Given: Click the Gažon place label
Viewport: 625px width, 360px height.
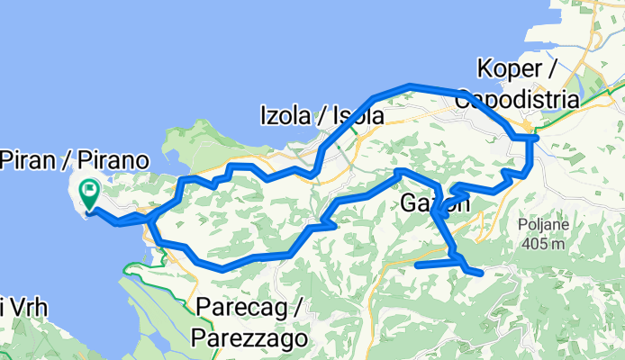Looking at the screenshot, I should (433, 204).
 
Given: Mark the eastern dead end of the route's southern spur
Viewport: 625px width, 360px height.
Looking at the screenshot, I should (482, 272).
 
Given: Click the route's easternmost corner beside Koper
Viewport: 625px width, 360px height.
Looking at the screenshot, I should (535, 139).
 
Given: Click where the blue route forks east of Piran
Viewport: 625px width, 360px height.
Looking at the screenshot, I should (149, 218).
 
